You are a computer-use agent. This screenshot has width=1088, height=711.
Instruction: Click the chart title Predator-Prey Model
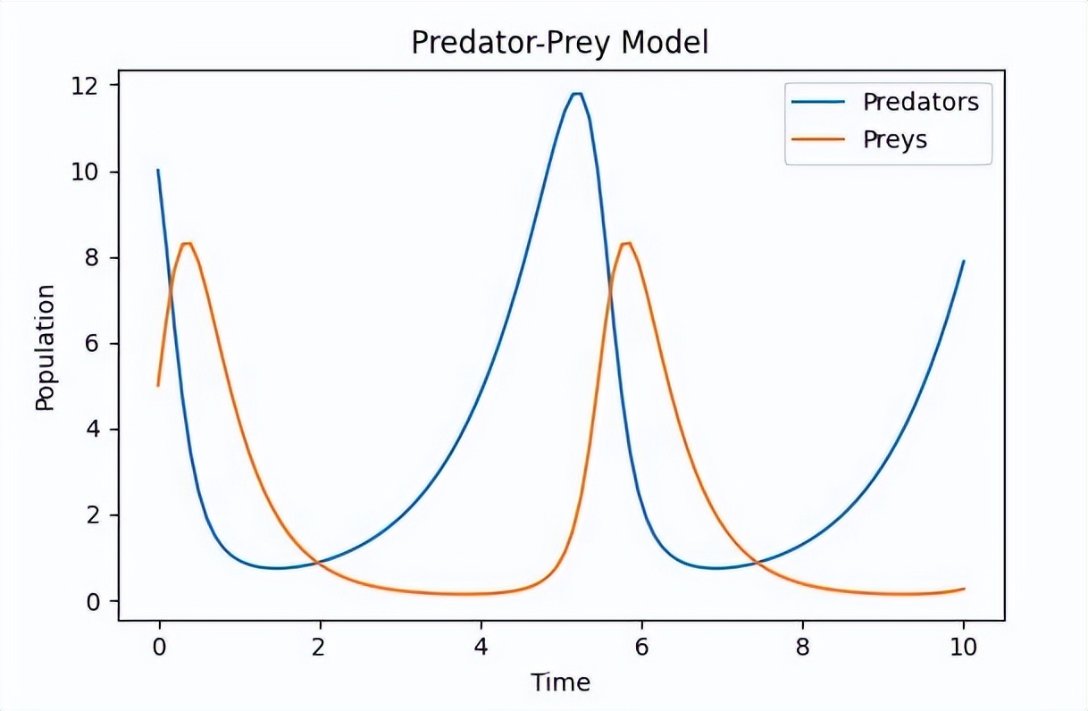click(559, 42)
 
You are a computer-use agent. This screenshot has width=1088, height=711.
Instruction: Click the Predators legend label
click(920, 102)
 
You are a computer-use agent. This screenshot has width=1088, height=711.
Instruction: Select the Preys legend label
click(894, 140)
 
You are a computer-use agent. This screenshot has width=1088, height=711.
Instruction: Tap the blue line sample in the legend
click(818, 103)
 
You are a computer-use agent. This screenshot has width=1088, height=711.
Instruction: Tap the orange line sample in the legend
click(818, 140)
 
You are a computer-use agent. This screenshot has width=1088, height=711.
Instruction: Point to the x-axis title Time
click(560, 683)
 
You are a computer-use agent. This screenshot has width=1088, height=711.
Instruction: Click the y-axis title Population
click(45, 347)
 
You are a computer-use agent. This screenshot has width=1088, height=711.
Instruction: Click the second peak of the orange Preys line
click(627, 243)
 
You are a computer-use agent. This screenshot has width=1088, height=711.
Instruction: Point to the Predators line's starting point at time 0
click(158, 170)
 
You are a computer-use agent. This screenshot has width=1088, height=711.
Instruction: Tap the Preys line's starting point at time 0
click(158, 385)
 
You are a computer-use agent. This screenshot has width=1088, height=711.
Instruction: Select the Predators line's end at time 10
click(964, 261)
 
